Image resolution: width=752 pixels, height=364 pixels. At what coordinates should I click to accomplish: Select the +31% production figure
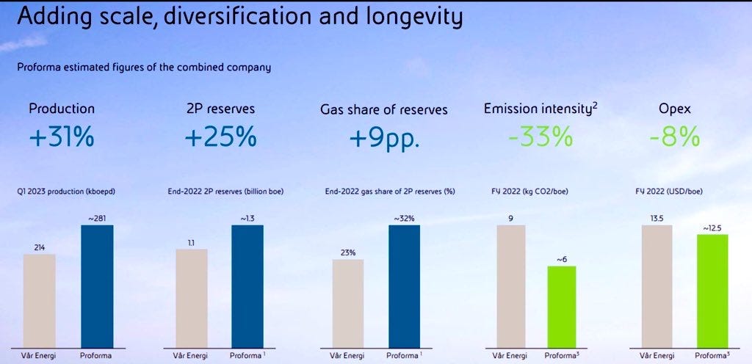[x=62, y=137]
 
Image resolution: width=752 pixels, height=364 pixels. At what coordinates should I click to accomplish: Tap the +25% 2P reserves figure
[x=220, y=137]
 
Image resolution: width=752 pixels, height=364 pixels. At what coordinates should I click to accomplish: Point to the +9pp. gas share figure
[x=383, y=138]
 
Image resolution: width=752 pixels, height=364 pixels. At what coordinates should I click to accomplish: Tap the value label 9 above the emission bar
[x=511, y=217]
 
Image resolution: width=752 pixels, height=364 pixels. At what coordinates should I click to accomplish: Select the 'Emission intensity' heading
[x=537, y=109]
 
